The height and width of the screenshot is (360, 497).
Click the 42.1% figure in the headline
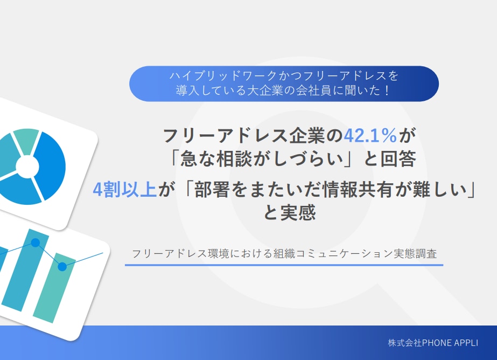point(370,135)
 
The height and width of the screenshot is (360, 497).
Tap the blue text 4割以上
point(125,190)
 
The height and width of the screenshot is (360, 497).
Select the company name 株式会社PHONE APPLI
point(433,343)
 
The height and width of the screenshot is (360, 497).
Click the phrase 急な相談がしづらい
point(262,158)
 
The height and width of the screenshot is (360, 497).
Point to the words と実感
point(290,212)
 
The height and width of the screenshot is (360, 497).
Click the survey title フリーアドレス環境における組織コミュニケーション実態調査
point(284,253)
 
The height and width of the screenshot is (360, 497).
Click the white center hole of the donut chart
point(27,167)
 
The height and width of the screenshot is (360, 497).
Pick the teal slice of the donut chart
point(26,140)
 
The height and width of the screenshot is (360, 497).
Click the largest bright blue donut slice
point(51,165)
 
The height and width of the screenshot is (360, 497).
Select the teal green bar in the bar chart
point(54,287)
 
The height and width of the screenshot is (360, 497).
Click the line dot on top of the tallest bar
point(35,243)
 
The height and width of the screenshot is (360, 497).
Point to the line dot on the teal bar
point(62,266)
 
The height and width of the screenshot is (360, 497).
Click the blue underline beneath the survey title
point(284,265)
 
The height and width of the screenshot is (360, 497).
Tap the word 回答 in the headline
point(398,158)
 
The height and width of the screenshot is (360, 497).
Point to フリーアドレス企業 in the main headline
point(253,135)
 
